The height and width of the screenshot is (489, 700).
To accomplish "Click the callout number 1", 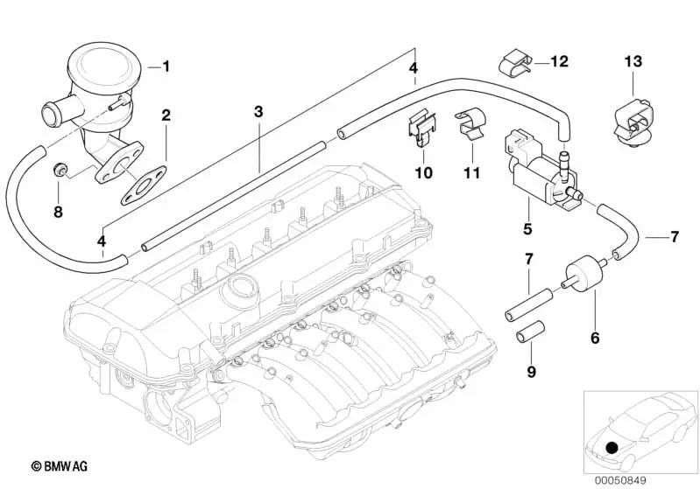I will click(x=167, y=66).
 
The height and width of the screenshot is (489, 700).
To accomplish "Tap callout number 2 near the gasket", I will click(x=165, y=115).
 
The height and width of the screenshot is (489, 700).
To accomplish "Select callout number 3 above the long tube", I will click(x=258, y=111).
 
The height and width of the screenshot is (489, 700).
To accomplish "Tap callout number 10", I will click(x=423, y=172).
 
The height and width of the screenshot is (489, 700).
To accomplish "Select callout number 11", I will click(x=472, y=172).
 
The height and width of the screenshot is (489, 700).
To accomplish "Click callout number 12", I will click(x=559, y=61).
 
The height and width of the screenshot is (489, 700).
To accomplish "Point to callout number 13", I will click(x=633, y=61).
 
